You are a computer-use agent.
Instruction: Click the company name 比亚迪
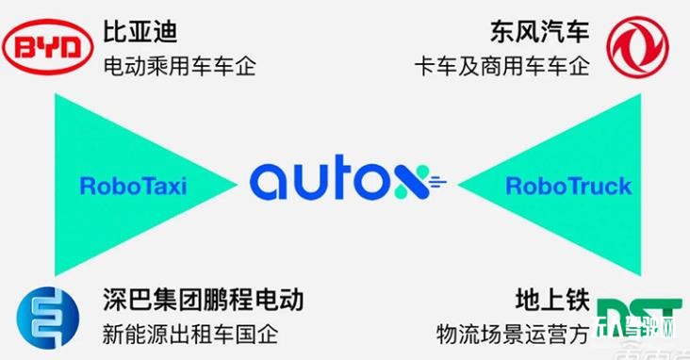[140, 33]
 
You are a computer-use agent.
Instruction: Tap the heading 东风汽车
[539, 33]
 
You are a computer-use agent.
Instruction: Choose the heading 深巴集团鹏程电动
[203, 302]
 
